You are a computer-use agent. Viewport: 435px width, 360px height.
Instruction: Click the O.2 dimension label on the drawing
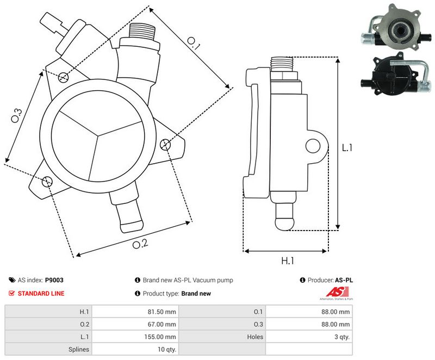[140, 244]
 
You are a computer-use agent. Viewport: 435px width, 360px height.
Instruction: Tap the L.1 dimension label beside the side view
[347, 147]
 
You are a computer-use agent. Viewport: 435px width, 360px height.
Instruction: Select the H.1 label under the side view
[288, 261]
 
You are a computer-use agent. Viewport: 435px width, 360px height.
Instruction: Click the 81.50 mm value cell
[163, 312]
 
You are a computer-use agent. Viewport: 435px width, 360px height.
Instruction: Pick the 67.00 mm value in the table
[163, 324]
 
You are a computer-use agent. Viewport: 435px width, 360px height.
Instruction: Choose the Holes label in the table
[254, 337]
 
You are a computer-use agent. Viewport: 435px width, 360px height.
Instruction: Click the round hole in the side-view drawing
[313, 145]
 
